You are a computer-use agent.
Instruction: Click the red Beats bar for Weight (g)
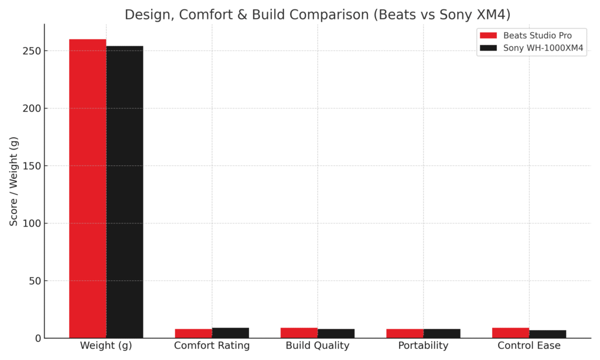point(88,188)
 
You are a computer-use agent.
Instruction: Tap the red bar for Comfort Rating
point(193,333)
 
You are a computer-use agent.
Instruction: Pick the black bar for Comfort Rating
point(230,332)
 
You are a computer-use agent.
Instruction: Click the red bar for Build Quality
point(299,332)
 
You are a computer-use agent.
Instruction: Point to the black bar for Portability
point(442,333)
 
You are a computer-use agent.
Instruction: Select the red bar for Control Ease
point(510,332)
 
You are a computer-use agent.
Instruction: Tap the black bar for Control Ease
point(547,334)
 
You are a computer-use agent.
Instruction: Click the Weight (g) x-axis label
point(106,346)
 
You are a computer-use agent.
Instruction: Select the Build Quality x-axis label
point(318,346)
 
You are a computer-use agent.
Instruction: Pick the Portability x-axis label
point(423,346)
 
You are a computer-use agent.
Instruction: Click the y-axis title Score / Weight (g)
point(14,181)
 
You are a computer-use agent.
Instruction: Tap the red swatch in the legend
point(487,36)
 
